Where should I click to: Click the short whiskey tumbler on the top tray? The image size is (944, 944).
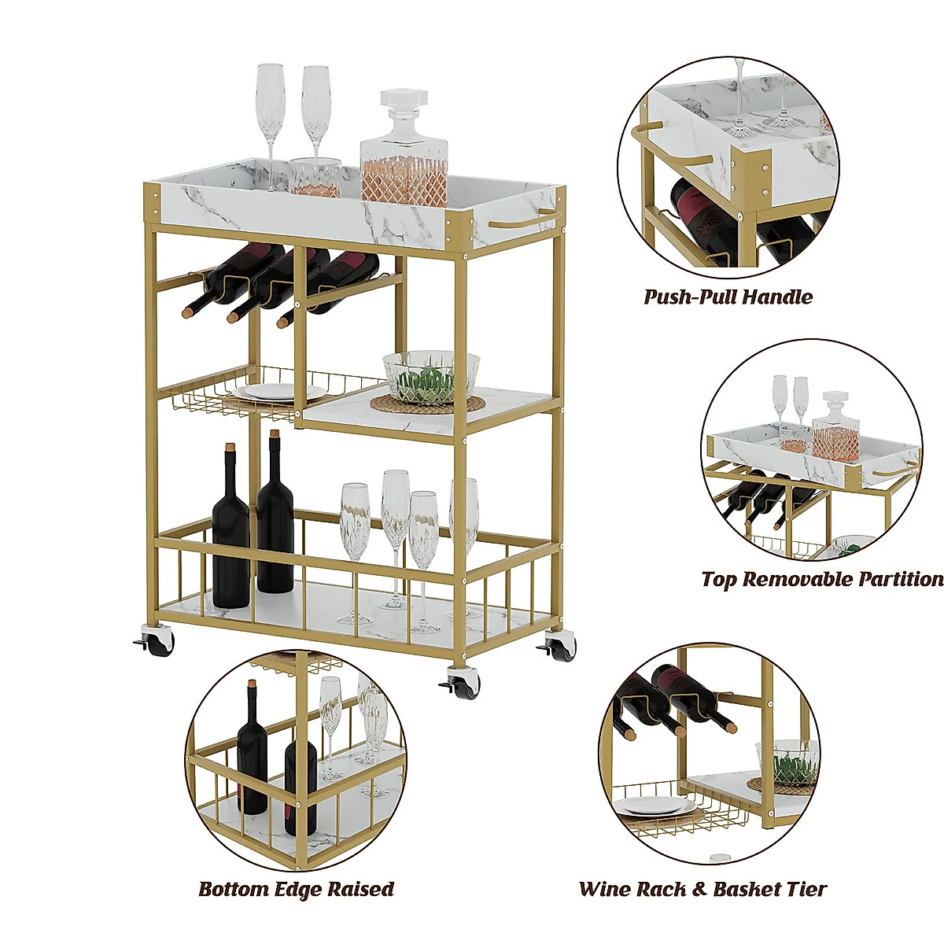coord(314,178)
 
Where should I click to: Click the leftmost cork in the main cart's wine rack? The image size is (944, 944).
coord(187,312)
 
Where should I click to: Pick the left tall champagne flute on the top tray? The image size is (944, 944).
coord(270,118)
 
